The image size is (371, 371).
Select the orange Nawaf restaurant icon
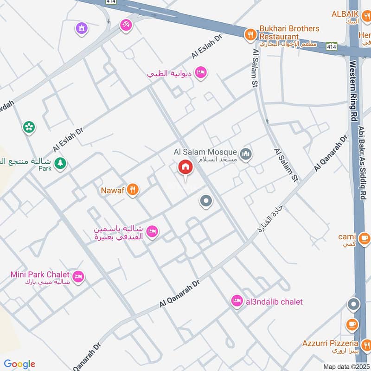click(x=133, y=189)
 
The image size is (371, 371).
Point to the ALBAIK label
click(x=345, y=14)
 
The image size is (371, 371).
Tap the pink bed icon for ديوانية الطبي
click(x=201, y=72)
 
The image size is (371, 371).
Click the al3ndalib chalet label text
click(x=273, y=302)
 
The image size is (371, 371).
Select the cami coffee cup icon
click(x=365, y=238)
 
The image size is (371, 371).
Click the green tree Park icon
click(x=60, y=163)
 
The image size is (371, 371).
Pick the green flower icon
click(x=29, y=127)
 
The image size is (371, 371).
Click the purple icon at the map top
click(x=82, y=28)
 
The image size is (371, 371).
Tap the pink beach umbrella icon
click(x=125, y=26)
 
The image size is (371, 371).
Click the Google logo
click(x=19, y=364)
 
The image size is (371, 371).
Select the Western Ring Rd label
click(x=353, y=88)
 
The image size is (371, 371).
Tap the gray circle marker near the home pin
click(x=206, y=201)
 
